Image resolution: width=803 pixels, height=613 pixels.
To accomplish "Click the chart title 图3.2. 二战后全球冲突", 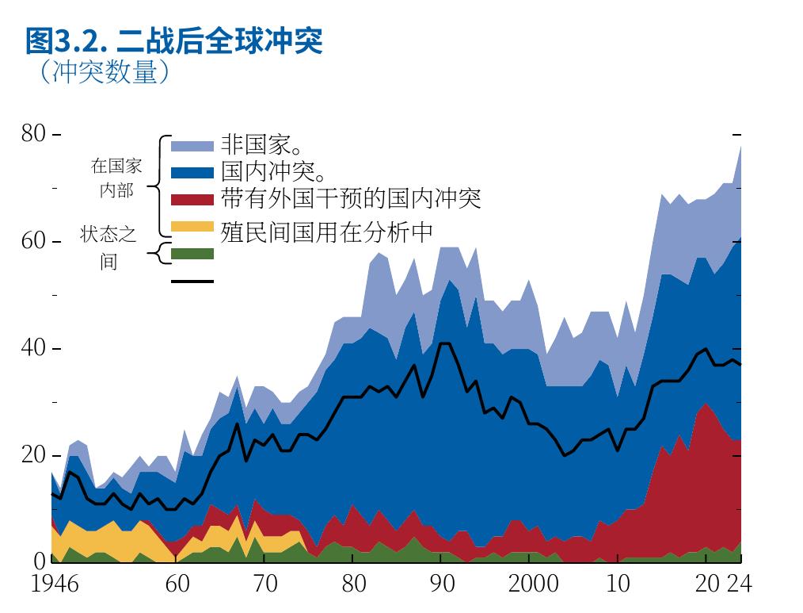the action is click(x=174, y=41).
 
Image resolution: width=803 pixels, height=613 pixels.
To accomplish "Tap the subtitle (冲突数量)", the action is click(x=104, y=71).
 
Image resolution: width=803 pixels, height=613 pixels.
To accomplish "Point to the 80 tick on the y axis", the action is click(x=33, y=134).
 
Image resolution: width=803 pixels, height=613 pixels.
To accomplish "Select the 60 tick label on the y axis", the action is click(x=33, y=241).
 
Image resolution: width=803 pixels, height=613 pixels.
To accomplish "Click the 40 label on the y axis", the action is click(x=33, y=348).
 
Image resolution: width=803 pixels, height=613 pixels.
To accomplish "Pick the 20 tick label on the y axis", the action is click(x=33, y=455).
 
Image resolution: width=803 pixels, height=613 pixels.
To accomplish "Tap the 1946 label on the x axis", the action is click(x=55, y=584).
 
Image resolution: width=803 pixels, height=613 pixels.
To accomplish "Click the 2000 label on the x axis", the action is click(x=533, y=584).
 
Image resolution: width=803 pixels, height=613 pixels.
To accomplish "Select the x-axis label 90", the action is click(x=442, y=584).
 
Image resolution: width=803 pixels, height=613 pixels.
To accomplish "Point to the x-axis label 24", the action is click(x=740, y=584).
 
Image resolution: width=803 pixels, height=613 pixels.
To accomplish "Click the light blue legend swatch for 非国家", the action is click(x=192, y=146).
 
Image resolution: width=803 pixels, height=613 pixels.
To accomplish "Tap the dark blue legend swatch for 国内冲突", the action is click(x=192, y=173).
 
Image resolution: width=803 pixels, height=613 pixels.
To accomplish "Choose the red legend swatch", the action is click(x=192, y=200).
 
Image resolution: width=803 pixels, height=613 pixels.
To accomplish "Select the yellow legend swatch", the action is click(x=192, y=226).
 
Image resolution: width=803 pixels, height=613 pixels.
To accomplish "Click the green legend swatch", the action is click(x=192, y=254).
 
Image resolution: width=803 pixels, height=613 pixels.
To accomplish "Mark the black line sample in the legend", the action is click(x=192, y=281).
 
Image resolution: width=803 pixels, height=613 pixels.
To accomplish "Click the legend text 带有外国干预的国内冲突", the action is click(x=351, y=198).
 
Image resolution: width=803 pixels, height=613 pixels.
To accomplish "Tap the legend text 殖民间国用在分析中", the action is click(x=327, y=232).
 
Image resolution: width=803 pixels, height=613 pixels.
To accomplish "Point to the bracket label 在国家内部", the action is click(x=116, y=178).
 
